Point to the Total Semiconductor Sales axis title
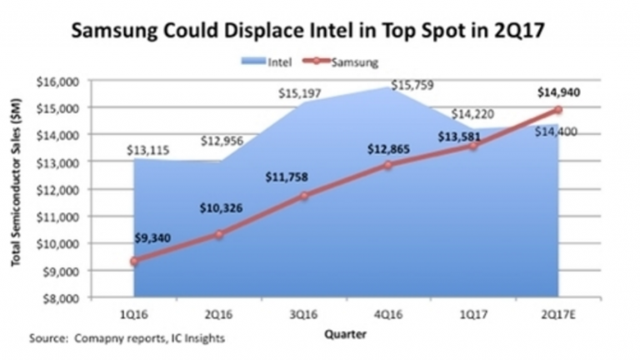click(x=17, y=189)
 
